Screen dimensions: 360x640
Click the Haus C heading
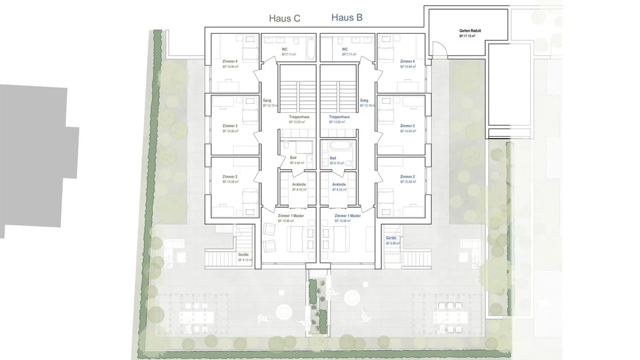coord(284,18)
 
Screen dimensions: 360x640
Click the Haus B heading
coord(347,18)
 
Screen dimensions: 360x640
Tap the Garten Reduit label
coord(470,31)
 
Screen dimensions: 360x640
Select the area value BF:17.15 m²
coord(468,36)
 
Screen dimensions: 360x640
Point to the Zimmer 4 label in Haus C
coord(230,61)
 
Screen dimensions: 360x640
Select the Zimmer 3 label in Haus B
coord(407,126)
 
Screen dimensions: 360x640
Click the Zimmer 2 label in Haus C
coord(230,177)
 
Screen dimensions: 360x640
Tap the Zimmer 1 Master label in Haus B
coord(348,216)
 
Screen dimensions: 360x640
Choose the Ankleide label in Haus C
coord(299,184)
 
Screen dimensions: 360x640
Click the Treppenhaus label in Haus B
coord(339,117)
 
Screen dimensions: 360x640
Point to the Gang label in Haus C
coord(267,100)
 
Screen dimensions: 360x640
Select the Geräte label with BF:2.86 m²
coord(391,238)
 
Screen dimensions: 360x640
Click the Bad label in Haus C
coord(293,158)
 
